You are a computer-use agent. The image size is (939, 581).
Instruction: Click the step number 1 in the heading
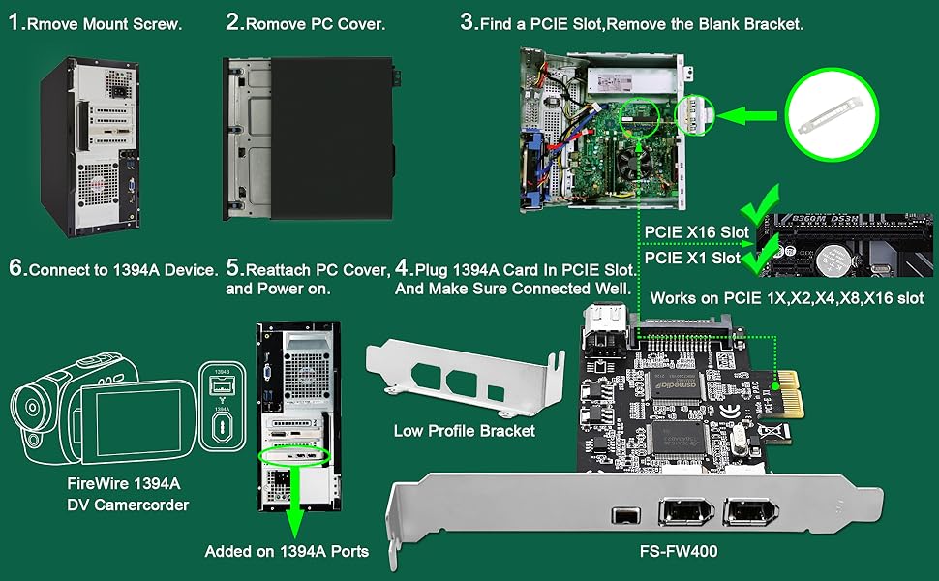[x=15, y=23]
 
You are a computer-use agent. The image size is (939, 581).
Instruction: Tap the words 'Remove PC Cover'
[x=316, y=24]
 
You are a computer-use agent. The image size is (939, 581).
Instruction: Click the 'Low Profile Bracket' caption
[x=465, y=431]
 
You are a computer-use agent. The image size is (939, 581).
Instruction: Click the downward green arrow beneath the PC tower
[x=294, y=503]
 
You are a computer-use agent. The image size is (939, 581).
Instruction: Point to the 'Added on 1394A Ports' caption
[x=287, y=552]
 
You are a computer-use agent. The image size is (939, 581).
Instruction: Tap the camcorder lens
[x=30, y=406]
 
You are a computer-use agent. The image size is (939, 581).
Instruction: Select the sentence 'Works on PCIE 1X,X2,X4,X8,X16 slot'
[x=787, y=298]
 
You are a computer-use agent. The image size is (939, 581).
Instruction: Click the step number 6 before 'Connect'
[x=16, y=270]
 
